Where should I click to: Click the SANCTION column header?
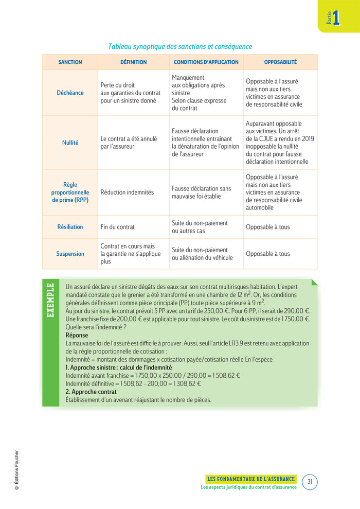[70, 62]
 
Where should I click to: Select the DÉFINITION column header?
[133, 62]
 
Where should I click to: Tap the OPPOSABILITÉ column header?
[280, 62]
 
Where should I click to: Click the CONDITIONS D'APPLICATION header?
[206, 62]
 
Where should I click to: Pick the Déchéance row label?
[70, 93]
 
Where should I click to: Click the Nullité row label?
[70, 143]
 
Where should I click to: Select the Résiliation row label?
[70, 227]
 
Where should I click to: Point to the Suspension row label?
[70, 254]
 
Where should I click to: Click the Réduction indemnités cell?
[127, 192]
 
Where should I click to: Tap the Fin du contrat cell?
[118, 227]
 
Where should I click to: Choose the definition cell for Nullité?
[129, 143]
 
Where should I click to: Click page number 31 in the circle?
[310, 482]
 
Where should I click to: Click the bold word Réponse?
[77, 336]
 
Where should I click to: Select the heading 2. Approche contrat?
[91, 392]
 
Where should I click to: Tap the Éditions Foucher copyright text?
[16, 470]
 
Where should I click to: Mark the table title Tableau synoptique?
[180, 47]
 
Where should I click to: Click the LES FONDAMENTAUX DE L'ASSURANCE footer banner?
[250, 479]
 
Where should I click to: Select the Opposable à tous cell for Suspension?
[268, 254]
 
